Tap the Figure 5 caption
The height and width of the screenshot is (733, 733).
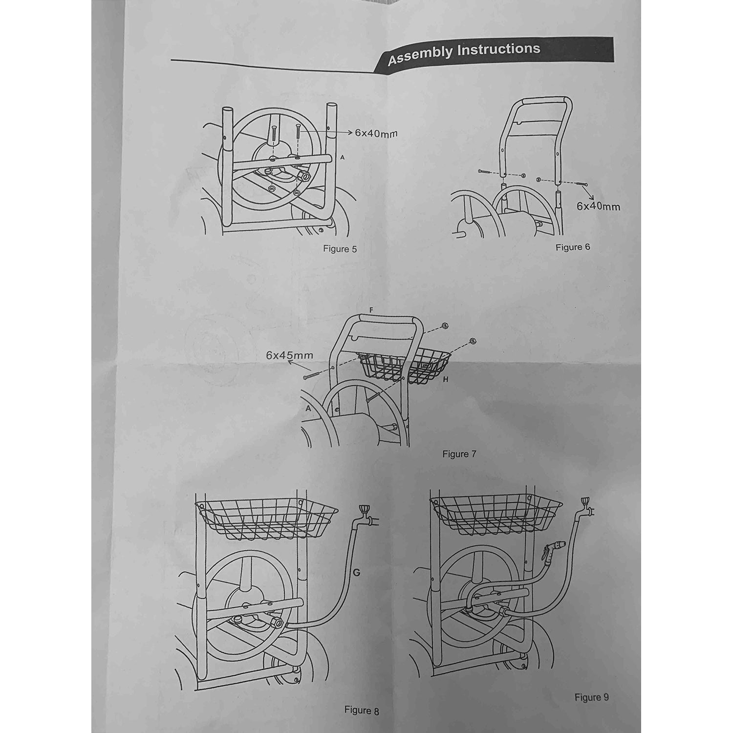[x=340, y=249]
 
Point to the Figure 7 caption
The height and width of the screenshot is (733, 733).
[x=459, y=454]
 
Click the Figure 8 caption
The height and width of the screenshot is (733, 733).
[x=362, y=710]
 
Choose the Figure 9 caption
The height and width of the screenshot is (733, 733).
[x=592, y=697]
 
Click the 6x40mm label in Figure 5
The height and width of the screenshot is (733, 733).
[x=375, y=132]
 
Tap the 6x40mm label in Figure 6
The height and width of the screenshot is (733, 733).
[x=598, y=206]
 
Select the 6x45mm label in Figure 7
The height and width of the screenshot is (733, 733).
[x=289, y=355]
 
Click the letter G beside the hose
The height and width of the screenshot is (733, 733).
[x=356, y=572]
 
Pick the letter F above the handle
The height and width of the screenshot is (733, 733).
[x=371, y=310]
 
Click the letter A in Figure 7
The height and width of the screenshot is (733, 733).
[x=308, y=408]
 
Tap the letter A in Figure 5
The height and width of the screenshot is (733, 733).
[x=342, y=157]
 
